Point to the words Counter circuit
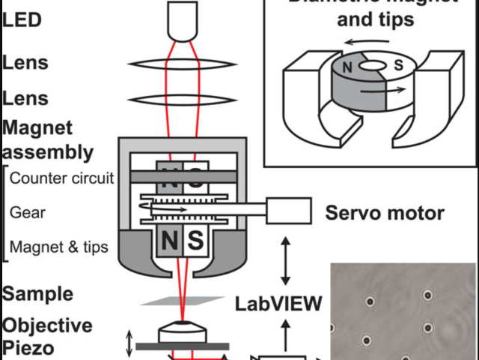coord(62,178)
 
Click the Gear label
coord(28,212)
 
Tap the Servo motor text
coord(384,213)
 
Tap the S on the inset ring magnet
coord(398,66)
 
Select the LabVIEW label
coord(278,304)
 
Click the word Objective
coord(47,325)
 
